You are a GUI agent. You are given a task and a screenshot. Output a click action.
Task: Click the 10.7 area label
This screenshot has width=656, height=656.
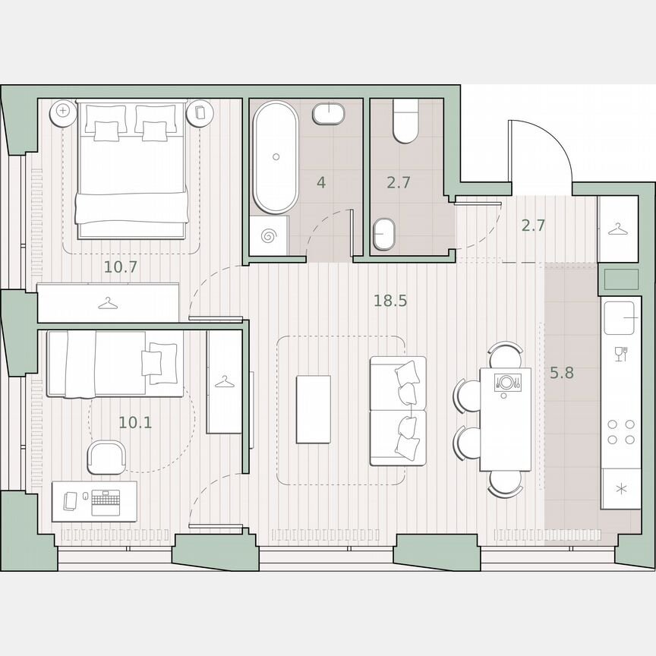(120, 266)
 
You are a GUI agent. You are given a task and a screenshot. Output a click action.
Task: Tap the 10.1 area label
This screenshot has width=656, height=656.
(135, 422)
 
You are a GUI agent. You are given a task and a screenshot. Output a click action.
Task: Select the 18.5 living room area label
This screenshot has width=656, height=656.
(390, 301)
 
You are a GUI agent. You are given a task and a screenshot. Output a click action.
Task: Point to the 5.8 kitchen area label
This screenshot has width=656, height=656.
(562, 373)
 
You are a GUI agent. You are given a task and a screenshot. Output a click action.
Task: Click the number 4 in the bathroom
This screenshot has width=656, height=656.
(322, 183)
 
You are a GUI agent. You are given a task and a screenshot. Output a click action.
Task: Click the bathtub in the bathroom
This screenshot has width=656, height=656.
(275, 157)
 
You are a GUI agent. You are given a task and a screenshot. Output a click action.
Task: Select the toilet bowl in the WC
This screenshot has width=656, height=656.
(405, 122)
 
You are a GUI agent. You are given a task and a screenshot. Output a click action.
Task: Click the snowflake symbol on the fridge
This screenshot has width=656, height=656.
(621, 488)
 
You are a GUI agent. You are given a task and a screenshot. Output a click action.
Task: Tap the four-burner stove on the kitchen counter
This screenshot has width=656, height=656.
(621, 431)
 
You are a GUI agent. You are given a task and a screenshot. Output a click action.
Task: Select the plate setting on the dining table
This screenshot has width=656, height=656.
(506, 381)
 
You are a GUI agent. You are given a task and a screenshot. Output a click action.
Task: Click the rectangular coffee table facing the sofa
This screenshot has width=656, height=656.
(313, 409)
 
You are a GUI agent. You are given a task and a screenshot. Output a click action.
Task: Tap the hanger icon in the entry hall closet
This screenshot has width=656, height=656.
(618, 228)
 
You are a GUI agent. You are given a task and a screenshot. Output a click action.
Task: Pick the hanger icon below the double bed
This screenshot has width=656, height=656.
(108, 304)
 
